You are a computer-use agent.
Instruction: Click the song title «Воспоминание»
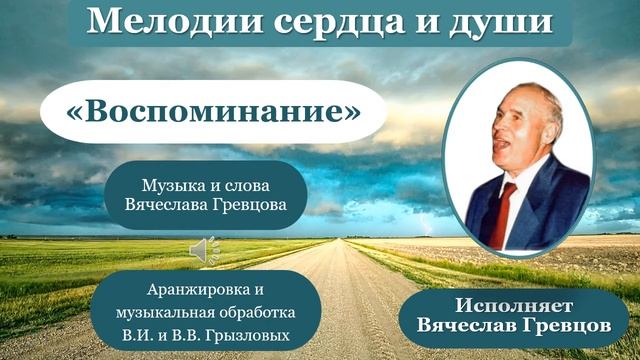(213, 111)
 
